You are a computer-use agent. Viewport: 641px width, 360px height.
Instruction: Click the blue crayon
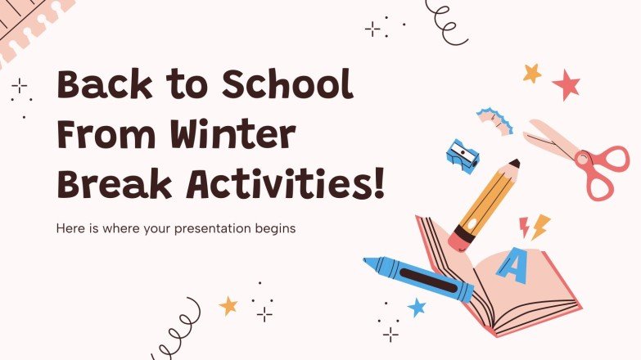pyautogui.click(x=418, y=278)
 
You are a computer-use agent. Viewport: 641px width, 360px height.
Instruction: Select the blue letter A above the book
pyautogui.click(x=512, y=266)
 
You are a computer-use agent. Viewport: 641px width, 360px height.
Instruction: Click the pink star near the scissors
pyautogui.click(x=566, y=83)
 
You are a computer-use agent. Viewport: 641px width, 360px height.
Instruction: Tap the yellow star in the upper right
pyautogui.click(x=532, y=73)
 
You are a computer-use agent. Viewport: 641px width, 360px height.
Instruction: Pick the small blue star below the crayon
pyautogui.click(x=417, y=308)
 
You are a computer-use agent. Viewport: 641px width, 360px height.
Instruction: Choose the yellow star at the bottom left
pyautogui.click(x=228, y=306)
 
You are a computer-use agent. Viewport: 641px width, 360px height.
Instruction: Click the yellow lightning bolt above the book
pyautogui.click(x=539, y=226)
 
